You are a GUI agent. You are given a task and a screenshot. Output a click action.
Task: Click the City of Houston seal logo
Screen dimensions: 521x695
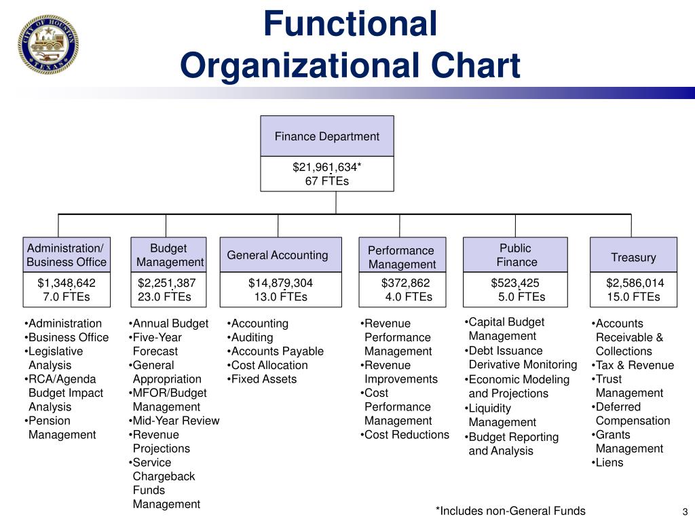click(x=48, y=44)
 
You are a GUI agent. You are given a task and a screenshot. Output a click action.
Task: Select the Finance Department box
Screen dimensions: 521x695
click(x=326, y=136)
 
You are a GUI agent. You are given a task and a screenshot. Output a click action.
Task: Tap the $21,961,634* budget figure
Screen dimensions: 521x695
click(x=326, y=167)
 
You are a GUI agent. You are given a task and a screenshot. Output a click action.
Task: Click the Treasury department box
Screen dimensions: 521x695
click(x=633, y=257)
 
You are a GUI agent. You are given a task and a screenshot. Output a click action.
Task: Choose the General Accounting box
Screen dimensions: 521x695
click(x=278, y=255)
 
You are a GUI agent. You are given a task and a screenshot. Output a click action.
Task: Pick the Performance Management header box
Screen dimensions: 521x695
click(x=401, y=257)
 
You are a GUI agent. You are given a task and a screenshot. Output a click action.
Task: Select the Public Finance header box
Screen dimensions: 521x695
click(x=516, y=255)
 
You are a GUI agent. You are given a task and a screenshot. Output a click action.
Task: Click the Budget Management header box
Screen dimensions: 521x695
click(x=169, y=255)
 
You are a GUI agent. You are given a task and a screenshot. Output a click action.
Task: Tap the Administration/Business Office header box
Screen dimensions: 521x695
click(x=67, y=255)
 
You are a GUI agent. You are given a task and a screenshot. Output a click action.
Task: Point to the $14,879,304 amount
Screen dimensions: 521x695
click(x=280, y=283)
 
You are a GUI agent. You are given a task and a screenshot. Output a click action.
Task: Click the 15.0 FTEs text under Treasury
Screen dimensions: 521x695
click(x=633, y=297)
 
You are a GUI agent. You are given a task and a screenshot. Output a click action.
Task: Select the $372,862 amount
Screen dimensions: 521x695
click(x=405, y=283)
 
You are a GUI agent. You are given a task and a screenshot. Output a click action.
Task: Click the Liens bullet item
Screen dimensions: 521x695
click(x=609, y=463)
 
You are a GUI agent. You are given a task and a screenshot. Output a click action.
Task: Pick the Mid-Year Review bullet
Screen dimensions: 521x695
click(x=175, y=421)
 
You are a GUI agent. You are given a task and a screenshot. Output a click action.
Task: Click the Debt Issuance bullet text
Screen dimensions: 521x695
click(x=506, y=351)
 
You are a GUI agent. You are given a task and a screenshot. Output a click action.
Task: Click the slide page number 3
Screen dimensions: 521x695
click(x=685, y=512)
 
